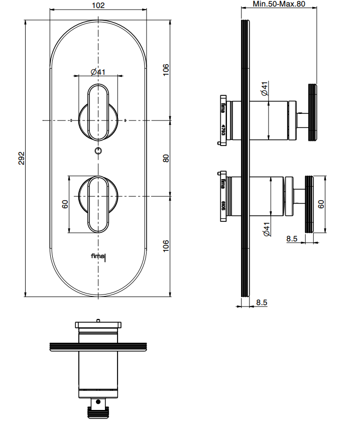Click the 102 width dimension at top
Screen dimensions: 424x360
point(99,6)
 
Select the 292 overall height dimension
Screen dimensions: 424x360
point(21,158)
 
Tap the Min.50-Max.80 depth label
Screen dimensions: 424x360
point(279,4)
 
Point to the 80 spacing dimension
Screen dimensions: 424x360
point(166,158)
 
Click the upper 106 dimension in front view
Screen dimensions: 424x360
point(166,70)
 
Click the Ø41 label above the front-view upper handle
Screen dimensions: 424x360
point(98,72)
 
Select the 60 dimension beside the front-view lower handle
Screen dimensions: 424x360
point(65,204)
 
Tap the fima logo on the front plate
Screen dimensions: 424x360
point(99,257)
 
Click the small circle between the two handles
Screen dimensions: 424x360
point(98,151)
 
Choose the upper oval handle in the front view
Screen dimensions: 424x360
point(98,112)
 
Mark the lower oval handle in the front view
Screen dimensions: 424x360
point(98,204)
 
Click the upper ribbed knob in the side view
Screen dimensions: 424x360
point(312,111)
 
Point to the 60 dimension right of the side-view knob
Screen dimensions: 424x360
point(321,204)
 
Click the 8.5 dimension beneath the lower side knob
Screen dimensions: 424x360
point(292,239)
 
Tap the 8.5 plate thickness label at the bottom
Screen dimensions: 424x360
point(262,303)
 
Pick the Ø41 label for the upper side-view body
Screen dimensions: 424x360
point(265,89)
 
